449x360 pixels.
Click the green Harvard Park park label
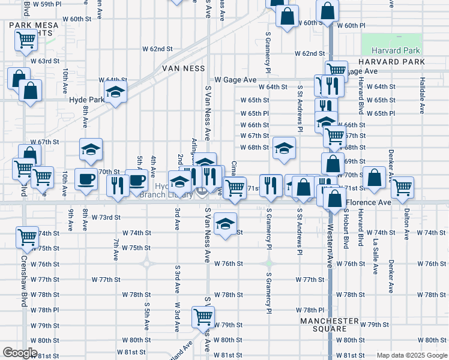(396, 51)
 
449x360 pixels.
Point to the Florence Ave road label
(367, 203)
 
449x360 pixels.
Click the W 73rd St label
(106, 217)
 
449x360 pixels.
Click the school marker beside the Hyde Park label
(115, 93)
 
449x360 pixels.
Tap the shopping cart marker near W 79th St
(203, 316)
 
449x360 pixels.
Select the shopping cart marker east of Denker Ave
(402, 187)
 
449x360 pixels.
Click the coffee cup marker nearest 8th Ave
(86, 178)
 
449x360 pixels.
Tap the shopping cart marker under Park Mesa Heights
(26, 40)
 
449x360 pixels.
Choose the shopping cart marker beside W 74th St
(27, 237)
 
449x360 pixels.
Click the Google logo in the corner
(20, 353)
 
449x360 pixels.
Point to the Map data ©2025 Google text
(411, 355)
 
